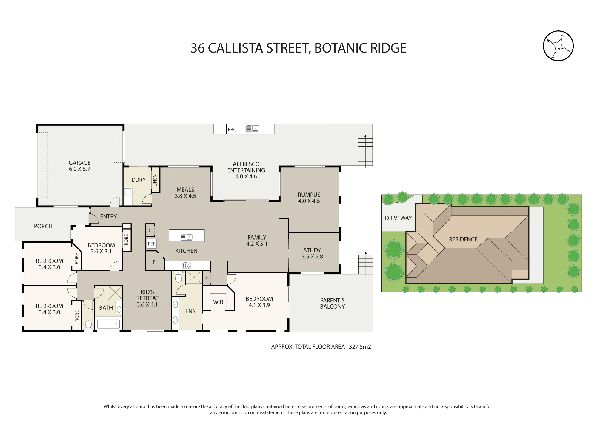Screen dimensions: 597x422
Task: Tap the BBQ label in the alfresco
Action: coord(232,130)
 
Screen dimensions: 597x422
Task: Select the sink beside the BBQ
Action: coord(252,128)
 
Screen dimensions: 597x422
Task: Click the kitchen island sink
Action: coord(187,237)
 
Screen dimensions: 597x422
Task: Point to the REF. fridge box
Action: coord(152,244)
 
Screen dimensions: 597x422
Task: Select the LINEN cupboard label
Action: coord(155,180)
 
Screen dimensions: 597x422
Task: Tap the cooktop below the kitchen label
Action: coord(186,265)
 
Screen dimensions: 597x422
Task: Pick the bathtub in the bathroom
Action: coord(108,324)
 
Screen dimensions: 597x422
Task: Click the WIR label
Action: coord(218,302)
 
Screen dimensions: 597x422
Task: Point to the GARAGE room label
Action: coord(79,163)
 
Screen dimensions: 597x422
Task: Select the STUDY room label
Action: coord(312,250)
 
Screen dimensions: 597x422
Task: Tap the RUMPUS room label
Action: coord(309,195)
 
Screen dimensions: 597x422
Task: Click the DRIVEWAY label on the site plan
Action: coord(398,218)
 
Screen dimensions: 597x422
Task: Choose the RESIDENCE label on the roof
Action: coord(463,239)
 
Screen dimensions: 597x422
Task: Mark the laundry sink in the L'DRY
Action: coord(128,192)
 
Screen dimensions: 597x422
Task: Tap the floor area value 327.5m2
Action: coord(360,347)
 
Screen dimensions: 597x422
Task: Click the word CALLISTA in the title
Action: coord(236,48)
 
